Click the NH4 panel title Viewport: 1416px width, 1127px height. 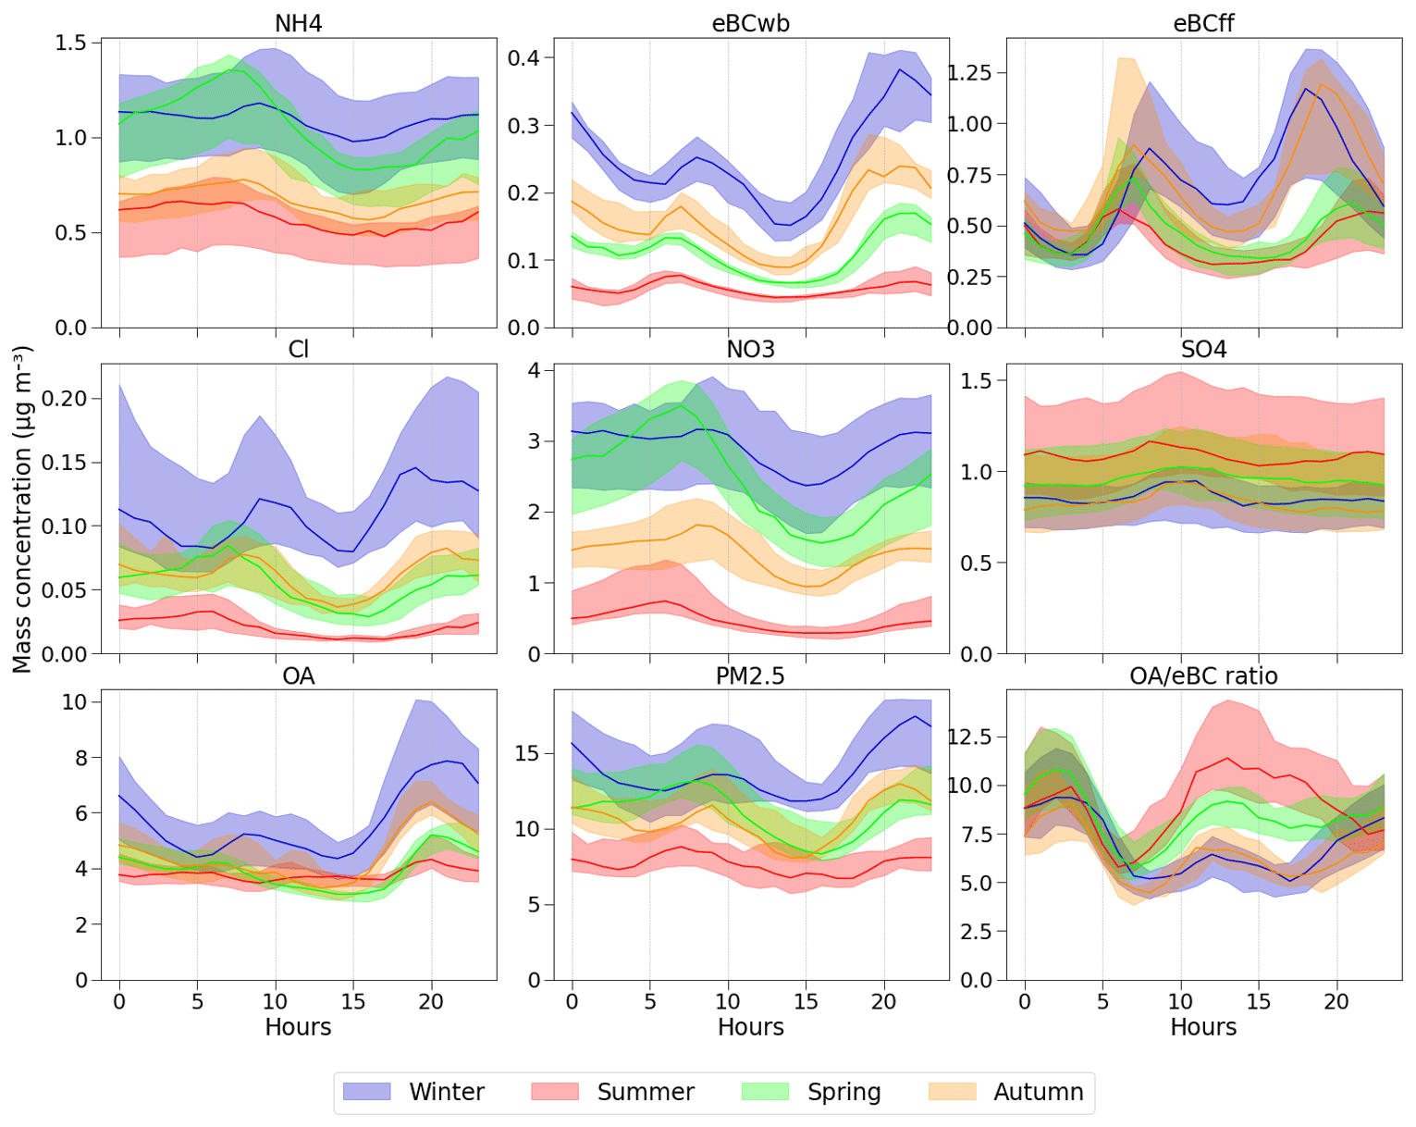click(x=298, y=23)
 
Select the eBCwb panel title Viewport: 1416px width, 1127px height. click(x=750, y=23)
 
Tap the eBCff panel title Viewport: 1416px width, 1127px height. click(x=1203, y=23)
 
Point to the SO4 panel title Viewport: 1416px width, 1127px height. click(x=1203, y=350)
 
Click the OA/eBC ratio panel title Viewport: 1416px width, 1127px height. click(x=1203, y=676)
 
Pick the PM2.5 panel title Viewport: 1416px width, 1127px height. click(x=750, y=676)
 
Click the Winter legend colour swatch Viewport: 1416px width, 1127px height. click(x=366, y=1092)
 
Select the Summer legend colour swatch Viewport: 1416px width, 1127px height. click(x=555, y=1092)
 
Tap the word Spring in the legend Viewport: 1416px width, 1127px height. click(x=843, y=1092)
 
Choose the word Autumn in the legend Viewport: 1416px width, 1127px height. click(x=1038, y=1092)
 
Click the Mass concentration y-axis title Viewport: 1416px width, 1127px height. click(x=22, y=509)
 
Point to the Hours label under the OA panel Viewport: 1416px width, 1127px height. click(x=298, y=1027)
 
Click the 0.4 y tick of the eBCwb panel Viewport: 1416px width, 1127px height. click(x=523, y=58)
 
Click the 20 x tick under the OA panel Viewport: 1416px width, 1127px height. click(x=431, y=1001)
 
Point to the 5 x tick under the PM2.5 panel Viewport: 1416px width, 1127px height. click(x=650, y=1001)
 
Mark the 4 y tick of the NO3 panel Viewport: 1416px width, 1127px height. click(x=535, y=370)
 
